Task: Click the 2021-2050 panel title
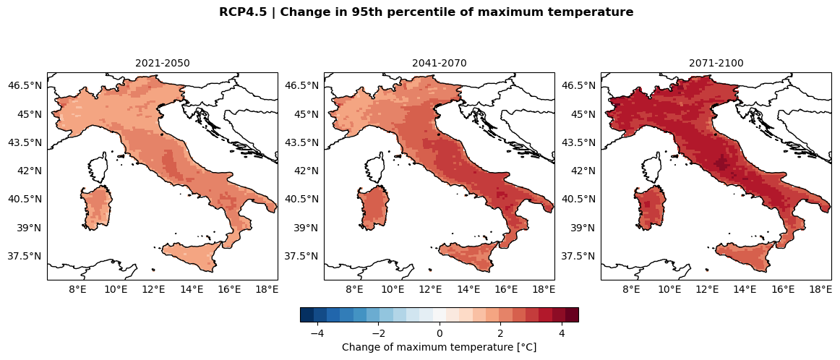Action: point(163,63)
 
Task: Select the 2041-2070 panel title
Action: point(440,63)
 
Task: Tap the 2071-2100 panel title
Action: point(716,63)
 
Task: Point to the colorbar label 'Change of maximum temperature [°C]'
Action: point(439,347)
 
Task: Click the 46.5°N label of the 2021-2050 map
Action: point(25,85)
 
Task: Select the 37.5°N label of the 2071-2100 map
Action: point(578,256)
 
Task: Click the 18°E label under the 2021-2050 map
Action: point(267,289)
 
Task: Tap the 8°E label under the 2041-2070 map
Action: point(354,289)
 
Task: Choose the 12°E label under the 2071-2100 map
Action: point(707,289)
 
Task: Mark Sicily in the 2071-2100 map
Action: point(745,257)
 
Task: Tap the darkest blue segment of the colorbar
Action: point(307,314)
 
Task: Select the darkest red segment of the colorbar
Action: point(572,314)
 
